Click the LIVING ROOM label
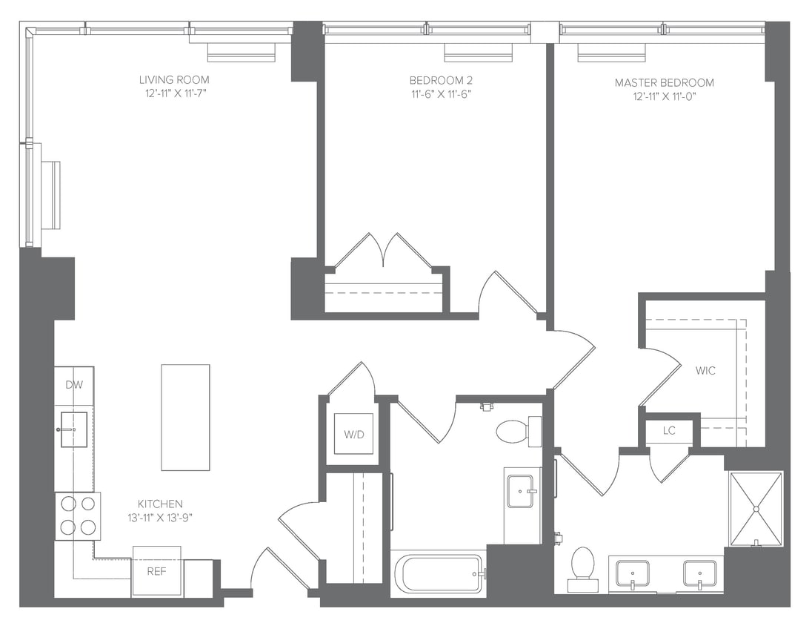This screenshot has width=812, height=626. (174, 79)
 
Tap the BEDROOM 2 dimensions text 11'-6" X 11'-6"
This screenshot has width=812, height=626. (440, 94)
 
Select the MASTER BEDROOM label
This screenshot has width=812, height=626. (664, 82)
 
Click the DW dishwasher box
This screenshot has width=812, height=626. (73, 385)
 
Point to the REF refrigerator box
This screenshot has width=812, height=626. (156, 572)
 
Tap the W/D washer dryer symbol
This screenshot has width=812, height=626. (353, 433)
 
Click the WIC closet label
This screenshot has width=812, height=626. (705, 371)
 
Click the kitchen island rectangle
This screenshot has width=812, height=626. (185, 417)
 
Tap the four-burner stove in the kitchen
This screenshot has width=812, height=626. (78, 515)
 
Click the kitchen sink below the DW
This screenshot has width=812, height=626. (73, 429)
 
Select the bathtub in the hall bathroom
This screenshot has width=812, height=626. (438, 573)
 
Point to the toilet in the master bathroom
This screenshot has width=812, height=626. (583, 567)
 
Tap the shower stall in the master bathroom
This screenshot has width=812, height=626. (755, 509)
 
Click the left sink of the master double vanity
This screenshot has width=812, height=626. (632, 574)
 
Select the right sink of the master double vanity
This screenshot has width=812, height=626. (699, 574)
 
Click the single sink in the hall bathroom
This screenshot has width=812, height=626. (520, 491)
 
